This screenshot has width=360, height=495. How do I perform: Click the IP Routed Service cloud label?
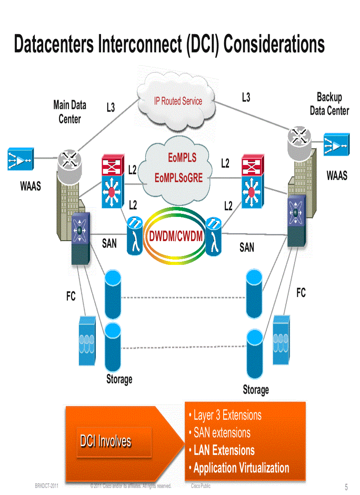[x=178, y=101]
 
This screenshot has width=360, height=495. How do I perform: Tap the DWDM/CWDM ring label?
[x=176, y=237]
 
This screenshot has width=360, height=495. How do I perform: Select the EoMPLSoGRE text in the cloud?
[x=179, y=178]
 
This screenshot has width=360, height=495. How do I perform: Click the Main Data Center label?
[x=70, y=112]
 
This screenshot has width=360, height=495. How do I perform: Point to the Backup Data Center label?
[x=329, y=104]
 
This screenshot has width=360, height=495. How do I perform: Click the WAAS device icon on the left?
[x=20, y=160]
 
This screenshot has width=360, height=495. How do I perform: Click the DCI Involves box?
[x=106, y=441]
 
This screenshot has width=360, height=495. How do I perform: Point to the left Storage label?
[x=119, y=379]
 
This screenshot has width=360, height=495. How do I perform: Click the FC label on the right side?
[x=301, y=293]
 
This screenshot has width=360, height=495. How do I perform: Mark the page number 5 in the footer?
[x=346, y=487]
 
